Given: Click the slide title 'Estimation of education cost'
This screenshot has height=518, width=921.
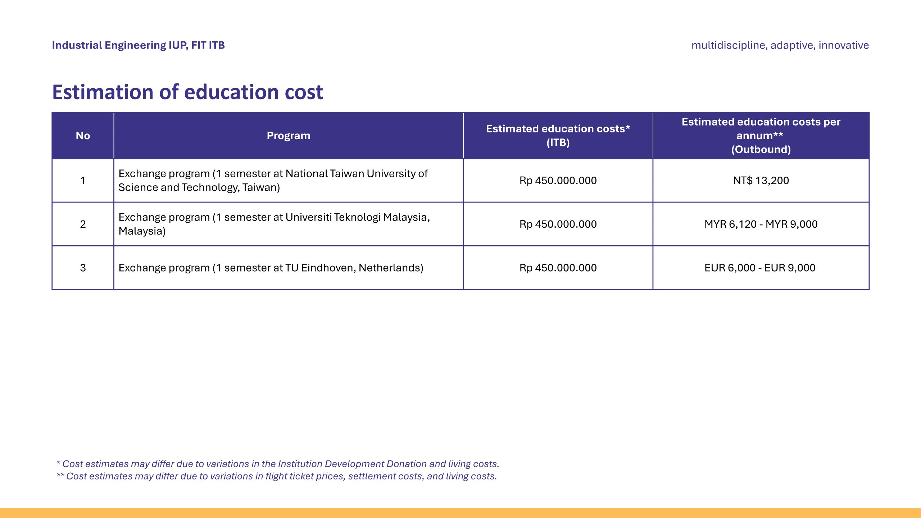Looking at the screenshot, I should [187, 92].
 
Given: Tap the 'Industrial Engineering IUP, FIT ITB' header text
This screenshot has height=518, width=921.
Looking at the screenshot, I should [138, 45].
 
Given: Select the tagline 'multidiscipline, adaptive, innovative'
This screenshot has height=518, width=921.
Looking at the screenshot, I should [780, 45].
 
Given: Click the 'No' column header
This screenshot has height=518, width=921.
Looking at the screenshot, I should [83, 136].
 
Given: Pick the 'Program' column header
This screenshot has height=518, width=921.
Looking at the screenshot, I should [288, 136].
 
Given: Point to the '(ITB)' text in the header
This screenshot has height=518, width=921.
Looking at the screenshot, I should [558, 143].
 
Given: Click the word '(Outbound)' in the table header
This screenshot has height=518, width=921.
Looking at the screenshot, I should [761, 150].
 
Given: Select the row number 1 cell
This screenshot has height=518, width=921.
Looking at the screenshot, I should [83, 181].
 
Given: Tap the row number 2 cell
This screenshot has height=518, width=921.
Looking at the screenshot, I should [83, 224].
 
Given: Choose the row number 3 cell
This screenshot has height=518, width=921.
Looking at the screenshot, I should [83, 268].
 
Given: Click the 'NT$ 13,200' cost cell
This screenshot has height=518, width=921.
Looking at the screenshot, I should [761, 181].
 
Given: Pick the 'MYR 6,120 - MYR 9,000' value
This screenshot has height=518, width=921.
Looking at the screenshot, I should [761, 224].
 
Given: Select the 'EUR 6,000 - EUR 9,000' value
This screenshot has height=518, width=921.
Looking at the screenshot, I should [760, 268].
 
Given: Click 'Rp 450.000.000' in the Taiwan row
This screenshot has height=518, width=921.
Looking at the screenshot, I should [558, 181].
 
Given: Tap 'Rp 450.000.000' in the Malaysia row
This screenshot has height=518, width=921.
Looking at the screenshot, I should [558, 224].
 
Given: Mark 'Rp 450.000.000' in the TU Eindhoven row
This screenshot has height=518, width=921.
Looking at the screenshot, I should [558, 268].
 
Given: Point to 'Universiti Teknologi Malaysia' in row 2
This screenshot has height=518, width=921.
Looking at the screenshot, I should [356, 217].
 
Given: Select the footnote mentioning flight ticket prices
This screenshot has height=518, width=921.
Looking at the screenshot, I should [277, 476].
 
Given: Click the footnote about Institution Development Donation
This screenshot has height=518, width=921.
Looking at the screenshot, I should [278, 464].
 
